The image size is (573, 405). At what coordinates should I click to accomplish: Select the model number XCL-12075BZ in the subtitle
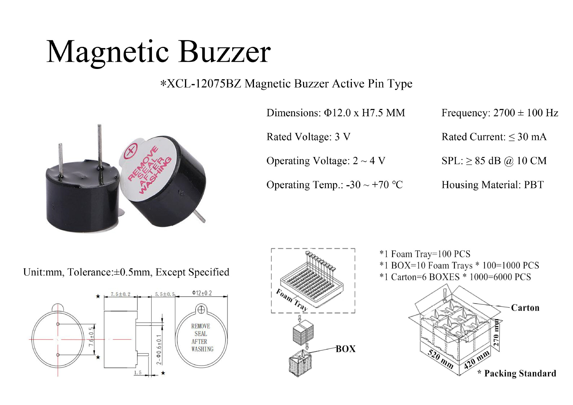pyautogui.click(x=204, y=84)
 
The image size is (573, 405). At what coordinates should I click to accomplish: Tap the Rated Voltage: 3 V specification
pyautogui.click(x=308, y=137)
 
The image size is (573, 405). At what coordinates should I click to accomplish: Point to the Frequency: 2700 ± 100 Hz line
pyautogui.click(x=500, y=113)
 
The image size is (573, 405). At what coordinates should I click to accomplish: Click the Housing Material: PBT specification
pyautogui.click(x=492, y=185)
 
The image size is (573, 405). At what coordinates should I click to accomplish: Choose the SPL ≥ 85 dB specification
pyautogui.click(x=494, y=161)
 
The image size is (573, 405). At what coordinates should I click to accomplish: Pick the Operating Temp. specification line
pyautogui.click(x=334, y=185)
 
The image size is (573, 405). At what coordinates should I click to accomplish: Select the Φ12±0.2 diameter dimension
pyautogui.click(x=202, y=293)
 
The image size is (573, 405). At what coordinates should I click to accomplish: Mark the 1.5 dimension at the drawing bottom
pyautogui.click(x=138, y=372)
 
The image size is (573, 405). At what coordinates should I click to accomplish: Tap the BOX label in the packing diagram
pyautogui.click(x=346, y=349)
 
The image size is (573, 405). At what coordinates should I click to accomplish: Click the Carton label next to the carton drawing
pyautogui.click(x=525, y=308)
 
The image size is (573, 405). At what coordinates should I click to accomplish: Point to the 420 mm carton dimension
pyautogui.click(x=477, y=360)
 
